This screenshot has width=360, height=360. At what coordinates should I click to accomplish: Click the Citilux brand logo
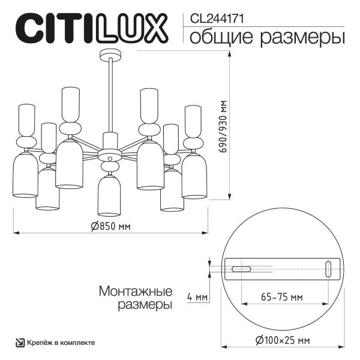(90, 29)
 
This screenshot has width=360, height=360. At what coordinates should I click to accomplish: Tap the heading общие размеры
(267, 38)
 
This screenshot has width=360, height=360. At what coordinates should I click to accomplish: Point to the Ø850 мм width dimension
(110, 226)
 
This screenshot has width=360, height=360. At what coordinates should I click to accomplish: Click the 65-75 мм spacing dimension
(282, 297)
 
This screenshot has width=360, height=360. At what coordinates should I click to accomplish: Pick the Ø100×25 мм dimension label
(281, 340)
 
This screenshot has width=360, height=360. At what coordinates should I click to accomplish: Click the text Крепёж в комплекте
(59, 343)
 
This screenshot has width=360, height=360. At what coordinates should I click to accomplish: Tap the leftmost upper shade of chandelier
(26, 119)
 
